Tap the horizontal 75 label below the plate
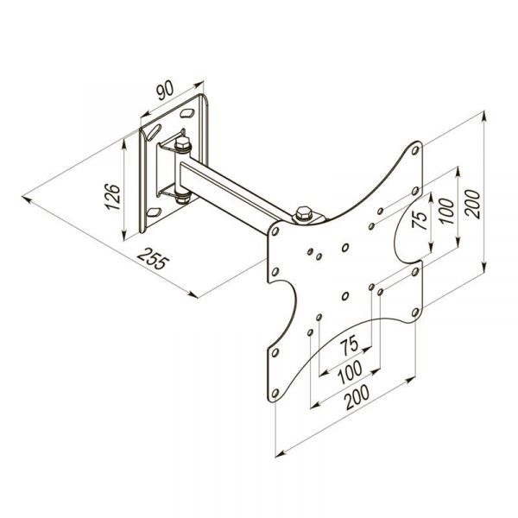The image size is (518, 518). tap(350, 346)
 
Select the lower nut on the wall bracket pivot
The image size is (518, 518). tap(180, 199)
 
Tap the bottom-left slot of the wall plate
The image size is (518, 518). tap(154, 210)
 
